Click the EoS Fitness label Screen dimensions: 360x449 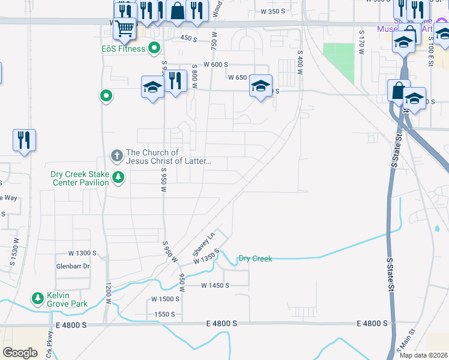pos(123,49)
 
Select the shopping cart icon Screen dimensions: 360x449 pos(125,28)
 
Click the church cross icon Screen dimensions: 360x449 pos(117,157)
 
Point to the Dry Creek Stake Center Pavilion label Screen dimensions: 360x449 pos(80,178)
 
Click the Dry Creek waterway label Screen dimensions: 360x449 pos(255,259)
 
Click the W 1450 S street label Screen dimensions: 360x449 pos(215,286)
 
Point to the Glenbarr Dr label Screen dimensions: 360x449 pos(72,266)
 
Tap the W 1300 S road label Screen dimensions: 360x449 pos(82,253)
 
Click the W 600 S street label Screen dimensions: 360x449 pos(216,64)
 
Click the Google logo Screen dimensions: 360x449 pos(20,352)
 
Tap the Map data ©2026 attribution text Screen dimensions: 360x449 pos(423,355)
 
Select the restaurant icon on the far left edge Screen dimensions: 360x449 pos(24,140)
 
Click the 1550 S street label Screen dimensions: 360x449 pos(164,314)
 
